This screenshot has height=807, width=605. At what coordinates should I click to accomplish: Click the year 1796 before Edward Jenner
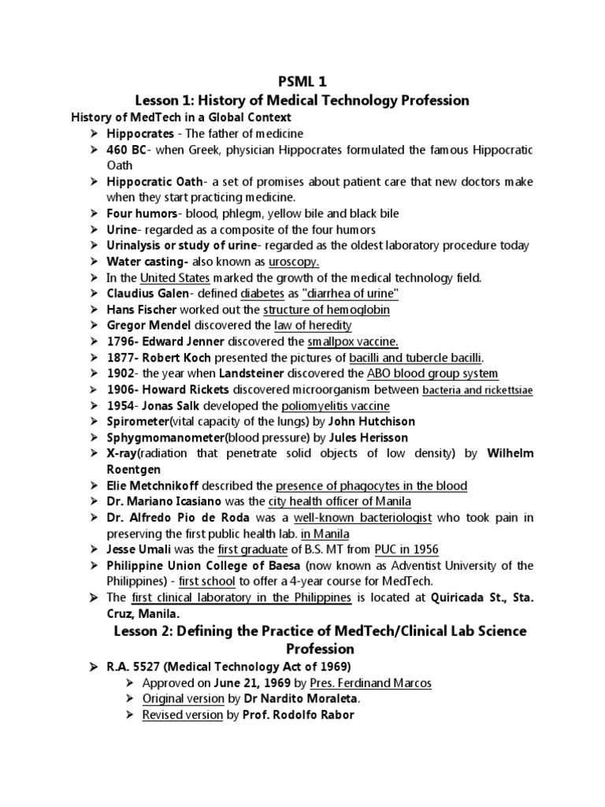pyautogui.click(x=121, y=341)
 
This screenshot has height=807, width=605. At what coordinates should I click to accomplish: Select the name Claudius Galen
pyautogui.click(x=141, y=293)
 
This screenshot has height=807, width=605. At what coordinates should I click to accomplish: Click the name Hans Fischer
pyautogui.click(x=138, y=310)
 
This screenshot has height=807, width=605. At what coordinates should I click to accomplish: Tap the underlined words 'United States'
pyautogui.click(x=175, y=277)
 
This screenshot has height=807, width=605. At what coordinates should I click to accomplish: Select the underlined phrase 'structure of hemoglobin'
pyautogui.click(x=326, y=310)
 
